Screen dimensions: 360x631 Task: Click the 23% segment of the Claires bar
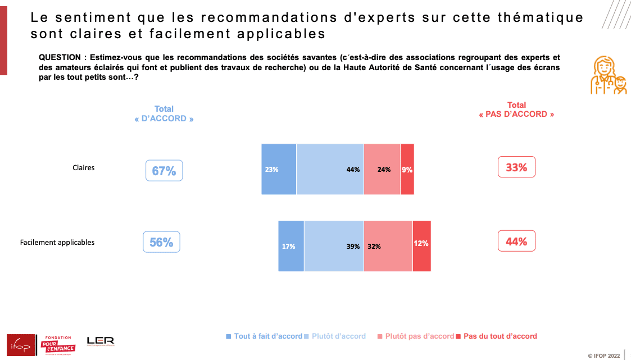coord(279,169)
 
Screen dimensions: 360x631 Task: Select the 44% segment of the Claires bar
coord(330,169)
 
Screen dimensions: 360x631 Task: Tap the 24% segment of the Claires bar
coord(382,169)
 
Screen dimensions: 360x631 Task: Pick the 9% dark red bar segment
coord(407,169)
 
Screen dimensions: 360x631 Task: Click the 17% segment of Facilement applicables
coord(291,246)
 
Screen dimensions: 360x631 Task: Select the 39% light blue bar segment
coord(334,246)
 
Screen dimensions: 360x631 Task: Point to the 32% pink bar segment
coord(388,246)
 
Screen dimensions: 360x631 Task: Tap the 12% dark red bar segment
coord(422,246)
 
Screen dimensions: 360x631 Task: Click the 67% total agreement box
coord(164,171)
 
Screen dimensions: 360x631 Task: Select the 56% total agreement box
coord(161,242)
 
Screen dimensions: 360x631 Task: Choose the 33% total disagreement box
coord(516,167)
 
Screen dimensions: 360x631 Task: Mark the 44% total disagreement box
coord(516,241)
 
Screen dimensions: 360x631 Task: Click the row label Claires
coord(84,167)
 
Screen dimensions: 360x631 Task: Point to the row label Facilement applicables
coord(57,243)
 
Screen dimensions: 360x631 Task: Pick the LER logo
coord(101,341)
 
